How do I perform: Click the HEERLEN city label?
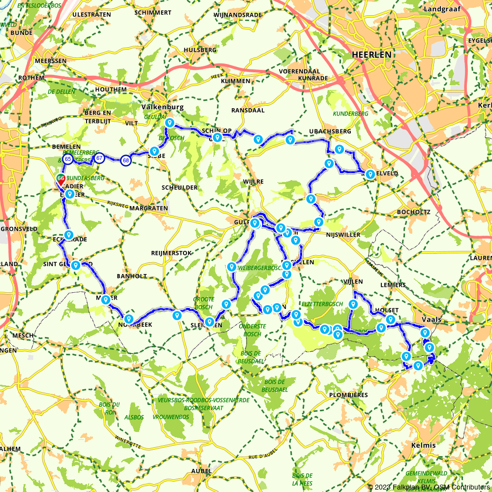click(371, 55)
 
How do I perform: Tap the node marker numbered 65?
click(68, 159)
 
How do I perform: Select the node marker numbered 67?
click(99, 158)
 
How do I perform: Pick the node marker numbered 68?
click(126, 160)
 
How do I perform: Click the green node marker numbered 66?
click(61, 178)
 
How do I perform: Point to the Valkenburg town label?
click(162, 107)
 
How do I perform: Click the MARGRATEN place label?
click(148, 208)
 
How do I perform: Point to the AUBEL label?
click(201, 471)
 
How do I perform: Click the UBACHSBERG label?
click(330, 131)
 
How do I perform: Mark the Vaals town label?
click(431, 319)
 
